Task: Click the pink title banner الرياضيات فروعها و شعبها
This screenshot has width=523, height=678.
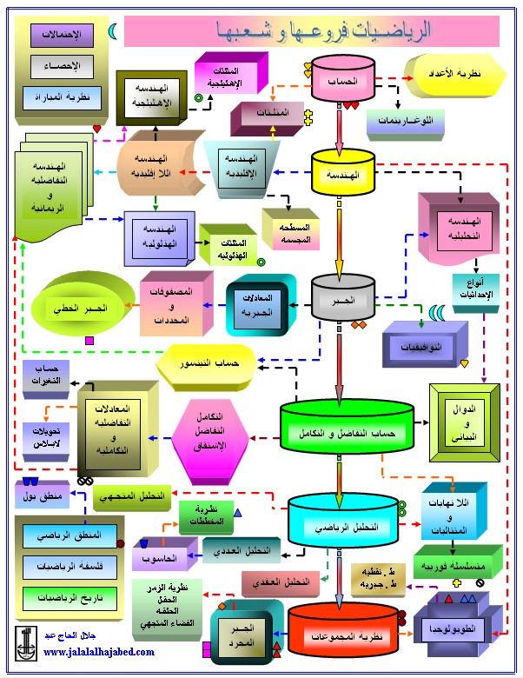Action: pyautogui.click(x=313, y=31)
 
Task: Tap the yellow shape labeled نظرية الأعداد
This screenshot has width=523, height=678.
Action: pyautogui.click(x=459, y=76)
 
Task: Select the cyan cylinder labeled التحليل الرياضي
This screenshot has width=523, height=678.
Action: pyautogui.click(x=345, y=526)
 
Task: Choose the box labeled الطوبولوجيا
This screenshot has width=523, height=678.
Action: pyautogui.click(x=458, y=628)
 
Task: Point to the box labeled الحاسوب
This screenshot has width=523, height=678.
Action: pyautogui.click(x=157, y=556)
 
